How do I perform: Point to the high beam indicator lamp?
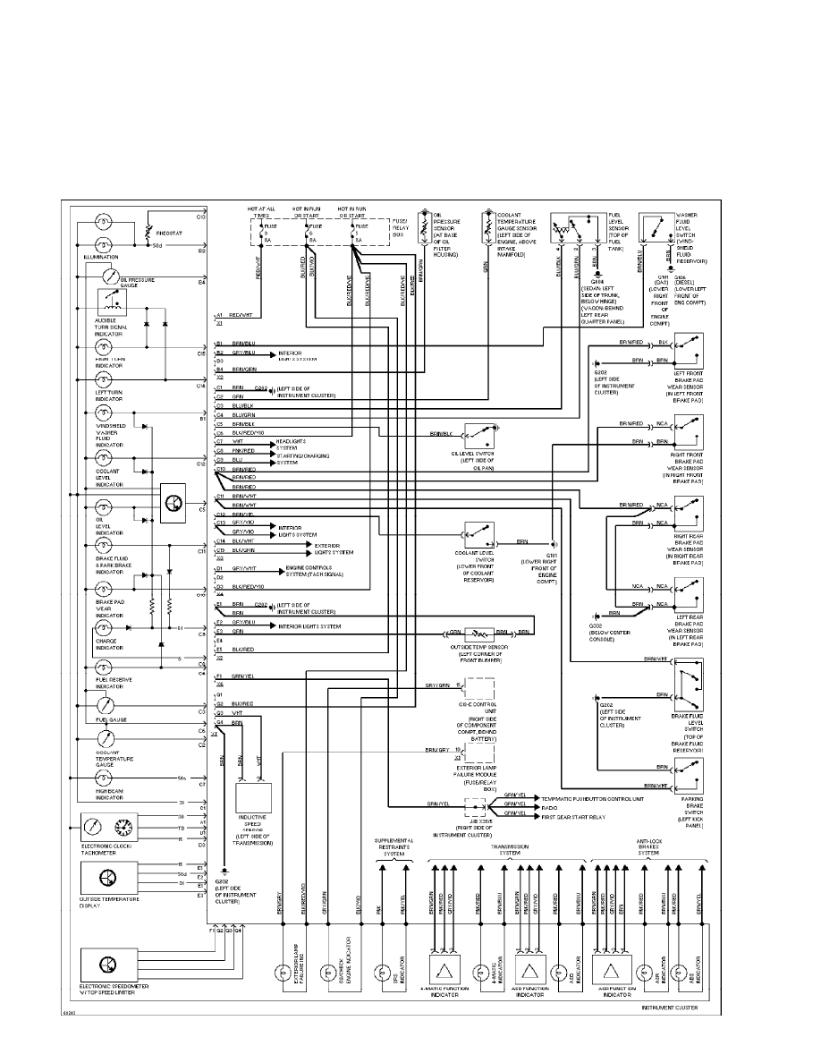pyautogui.click(x=104, y=780)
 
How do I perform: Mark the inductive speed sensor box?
pyautogui.click(x=253, y=796)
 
